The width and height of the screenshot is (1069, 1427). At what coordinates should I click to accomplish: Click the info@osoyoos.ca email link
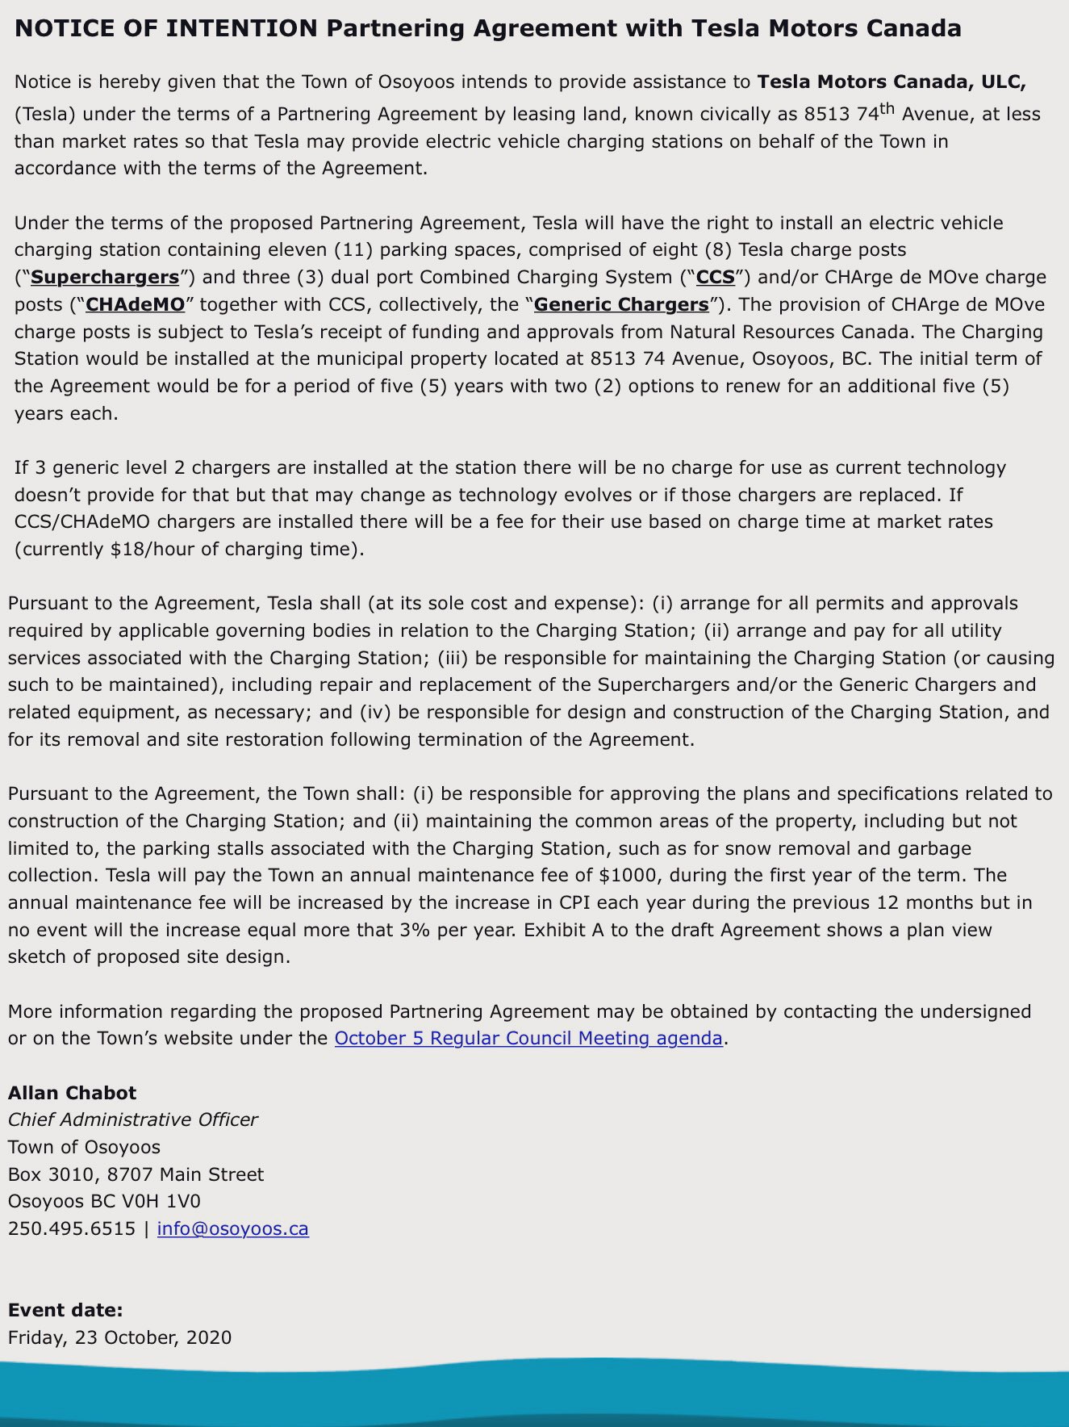(232, 1228)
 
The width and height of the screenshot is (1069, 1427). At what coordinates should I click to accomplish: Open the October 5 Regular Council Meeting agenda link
(528, 1038)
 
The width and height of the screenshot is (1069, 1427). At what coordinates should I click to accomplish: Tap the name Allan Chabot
(73, 1093)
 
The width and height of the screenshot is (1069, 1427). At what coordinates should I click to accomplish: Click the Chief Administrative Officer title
(133, 1119)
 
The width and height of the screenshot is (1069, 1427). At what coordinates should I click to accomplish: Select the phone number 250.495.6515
(72, 1228)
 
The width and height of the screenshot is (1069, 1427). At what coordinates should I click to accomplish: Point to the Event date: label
(65, 1310)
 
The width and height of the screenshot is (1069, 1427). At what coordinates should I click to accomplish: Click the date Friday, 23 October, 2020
(119, 1337)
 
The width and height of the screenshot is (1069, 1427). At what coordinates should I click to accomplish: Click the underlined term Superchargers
(105, 278)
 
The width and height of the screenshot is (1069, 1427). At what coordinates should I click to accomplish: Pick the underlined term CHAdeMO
(136, 305)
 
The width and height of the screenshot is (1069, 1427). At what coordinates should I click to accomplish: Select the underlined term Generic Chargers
(620, 305)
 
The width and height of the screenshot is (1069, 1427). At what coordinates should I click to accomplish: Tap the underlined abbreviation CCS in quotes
(716, 278)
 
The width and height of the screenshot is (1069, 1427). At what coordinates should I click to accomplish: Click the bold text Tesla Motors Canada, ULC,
(892, 82)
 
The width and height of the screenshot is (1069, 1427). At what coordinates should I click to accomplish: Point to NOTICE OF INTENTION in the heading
(166, 29)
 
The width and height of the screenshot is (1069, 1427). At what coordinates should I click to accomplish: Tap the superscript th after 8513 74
(887, 108)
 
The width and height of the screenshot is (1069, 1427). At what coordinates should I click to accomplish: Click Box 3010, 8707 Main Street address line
(136, 1174)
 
